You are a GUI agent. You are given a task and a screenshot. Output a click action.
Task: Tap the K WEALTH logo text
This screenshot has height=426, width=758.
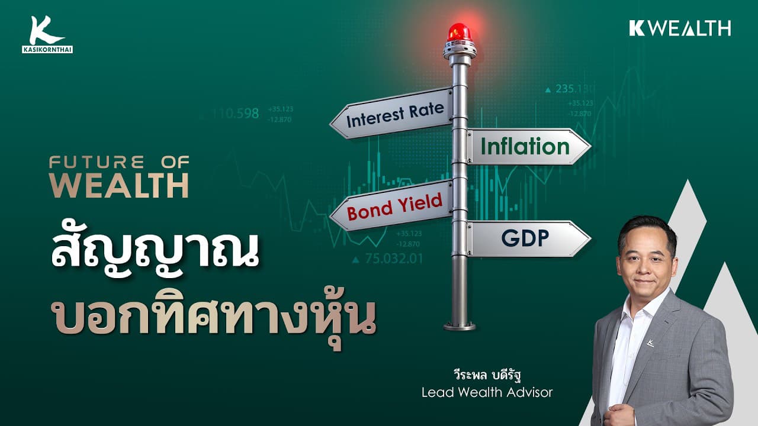click(680, 28)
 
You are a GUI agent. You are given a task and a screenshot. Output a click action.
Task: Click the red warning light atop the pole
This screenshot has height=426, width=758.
click(460, 33)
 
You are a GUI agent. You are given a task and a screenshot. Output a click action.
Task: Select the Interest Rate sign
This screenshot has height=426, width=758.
click(394, 113)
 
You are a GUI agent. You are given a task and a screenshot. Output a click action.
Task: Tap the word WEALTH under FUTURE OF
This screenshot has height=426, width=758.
click(118, 186)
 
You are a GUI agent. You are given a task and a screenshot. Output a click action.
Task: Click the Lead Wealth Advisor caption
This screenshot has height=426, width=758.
click(487, 392)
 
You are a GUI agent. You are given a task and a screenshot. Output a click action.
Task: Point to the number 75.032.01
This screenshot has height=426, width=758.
click(394, 259)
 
